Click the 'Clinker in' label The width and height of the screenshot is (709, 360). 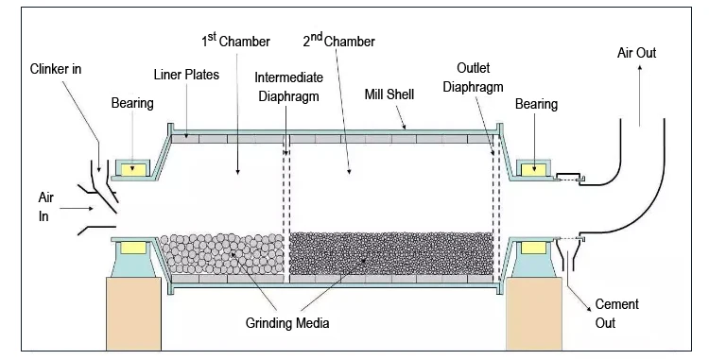point(56,69)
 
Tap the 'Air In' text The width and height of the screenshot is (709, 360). point(45,207)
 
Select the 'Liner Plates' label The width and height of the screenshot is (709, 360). point(186,75)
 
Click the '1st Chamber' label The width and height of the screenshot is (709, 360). point(235,41)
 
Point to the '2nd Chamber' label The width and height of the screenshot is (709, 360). point(338,41)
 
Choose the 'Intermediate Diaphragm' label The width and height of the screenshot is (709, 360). point(289,87)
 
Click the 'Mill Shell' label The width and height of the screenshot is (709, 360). point(389,94)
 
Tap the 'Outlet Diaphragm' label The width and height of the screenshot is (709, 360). point(473,77)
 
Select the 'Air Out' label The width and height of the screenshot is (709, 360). point(636,53)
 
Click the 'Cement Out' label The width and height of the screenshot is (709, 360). point(616,314)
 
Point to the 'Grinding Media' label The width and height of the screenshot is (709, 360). point(287,323)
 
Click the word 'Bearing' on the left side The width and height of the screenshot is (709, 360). point(132,103)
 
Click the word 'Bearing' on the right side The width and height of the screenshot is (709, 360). point(536,104)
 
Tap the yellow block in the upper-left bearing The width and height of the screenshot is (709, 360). point(133,170)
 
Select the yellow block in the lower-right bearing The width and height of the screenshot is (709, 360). point(533,248)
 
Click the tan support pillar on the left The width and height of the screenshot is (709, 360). point(134,314)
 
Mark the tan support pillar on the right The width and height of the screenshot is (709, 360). point(534,314)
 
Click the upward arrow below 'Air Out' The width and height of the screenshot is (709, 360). point(639,95)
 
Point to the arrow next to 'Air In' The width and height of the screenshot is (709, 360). point(77,208)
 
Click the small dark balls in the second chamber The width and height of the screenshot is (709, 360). point(390,253)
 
